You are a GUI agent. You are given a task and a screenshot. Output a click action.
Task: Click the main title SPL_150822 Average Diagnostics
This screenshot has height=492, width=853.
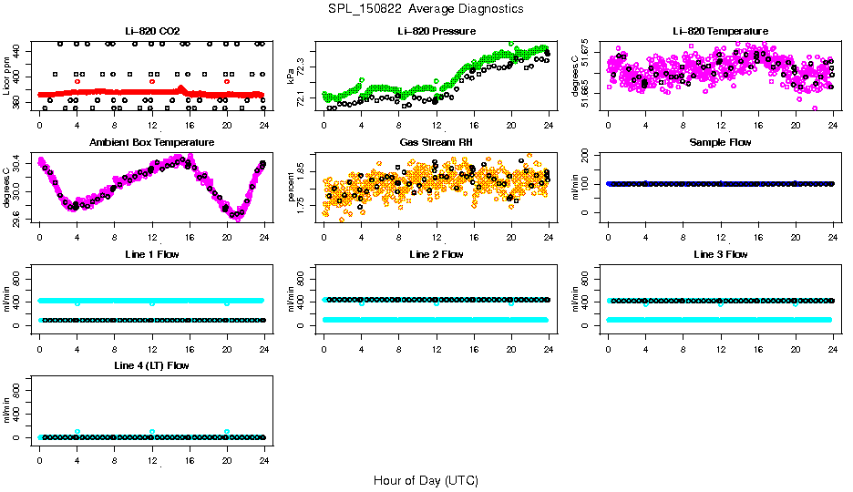pos(426,8)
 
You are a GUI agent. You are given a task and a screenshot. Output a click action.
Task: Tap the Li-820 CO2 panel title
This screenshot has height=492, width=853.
pos(151,31)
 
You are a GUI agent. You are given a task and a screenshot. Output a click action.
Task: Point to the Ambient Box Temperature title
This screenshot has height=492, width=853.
pos(151,142)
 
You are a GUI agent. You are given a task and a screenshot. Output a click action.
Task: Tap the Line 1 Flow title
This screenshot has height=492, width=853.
pos(151,254)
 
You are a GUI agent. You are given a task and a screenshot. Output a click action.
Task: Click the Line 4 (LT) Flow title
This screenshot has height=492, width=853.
pos(151,365)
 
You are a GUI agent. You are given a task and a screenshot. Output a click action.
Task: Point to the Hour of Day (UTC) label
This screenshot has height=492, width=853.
pos(426,480)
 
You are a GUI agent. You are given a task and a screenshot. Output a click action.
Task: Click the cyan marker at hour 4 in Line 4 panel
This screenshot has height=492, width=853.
pos(77,432)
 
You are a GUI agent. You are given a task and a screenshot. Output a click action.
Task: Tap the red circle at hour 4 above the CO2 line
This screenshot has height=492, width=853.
pos(77,81)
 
